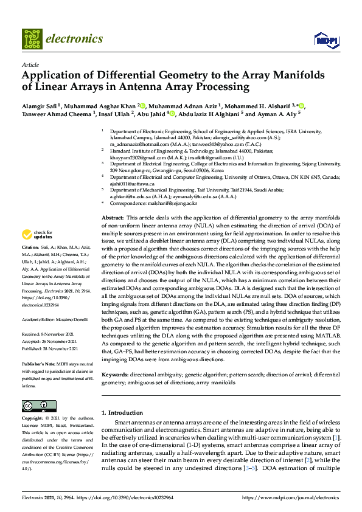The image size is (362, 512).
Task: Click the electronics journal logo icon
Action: tap(32, 39)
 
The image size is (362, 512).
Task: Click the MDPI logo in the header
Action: tap(325, 40)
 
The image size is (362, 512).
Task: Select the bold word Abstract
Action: tap(113, 218)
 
